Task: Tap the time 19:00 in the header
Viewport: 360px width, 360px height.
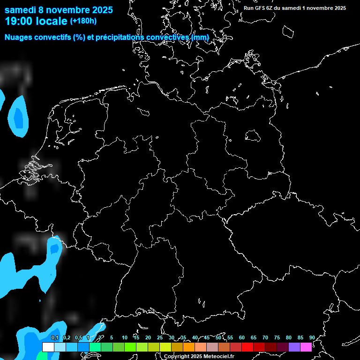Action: point(19,21)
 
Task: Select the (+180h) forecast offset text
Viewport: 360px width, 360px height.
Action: point(83,21)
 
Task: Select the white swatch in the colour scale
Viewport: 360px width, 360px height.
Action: point(48,347)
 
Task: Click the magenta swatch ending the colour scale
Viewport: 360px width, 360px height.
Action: point(306,347)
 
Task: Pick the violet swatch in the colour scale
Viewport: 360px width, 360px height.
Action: point(294,347)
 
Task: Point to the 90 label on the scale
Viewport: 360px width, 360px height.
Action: point(312,338)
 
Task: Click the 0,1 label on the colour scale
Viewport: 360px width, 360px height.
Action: point(55,338)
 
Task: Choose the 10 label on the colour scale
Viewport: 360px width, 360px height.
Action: point(124,338)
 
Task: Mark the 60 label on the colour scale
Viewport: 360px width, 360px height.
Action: point(241,338)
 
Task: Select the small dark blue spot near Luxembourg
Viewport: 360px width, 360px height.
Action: point(54,247)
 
